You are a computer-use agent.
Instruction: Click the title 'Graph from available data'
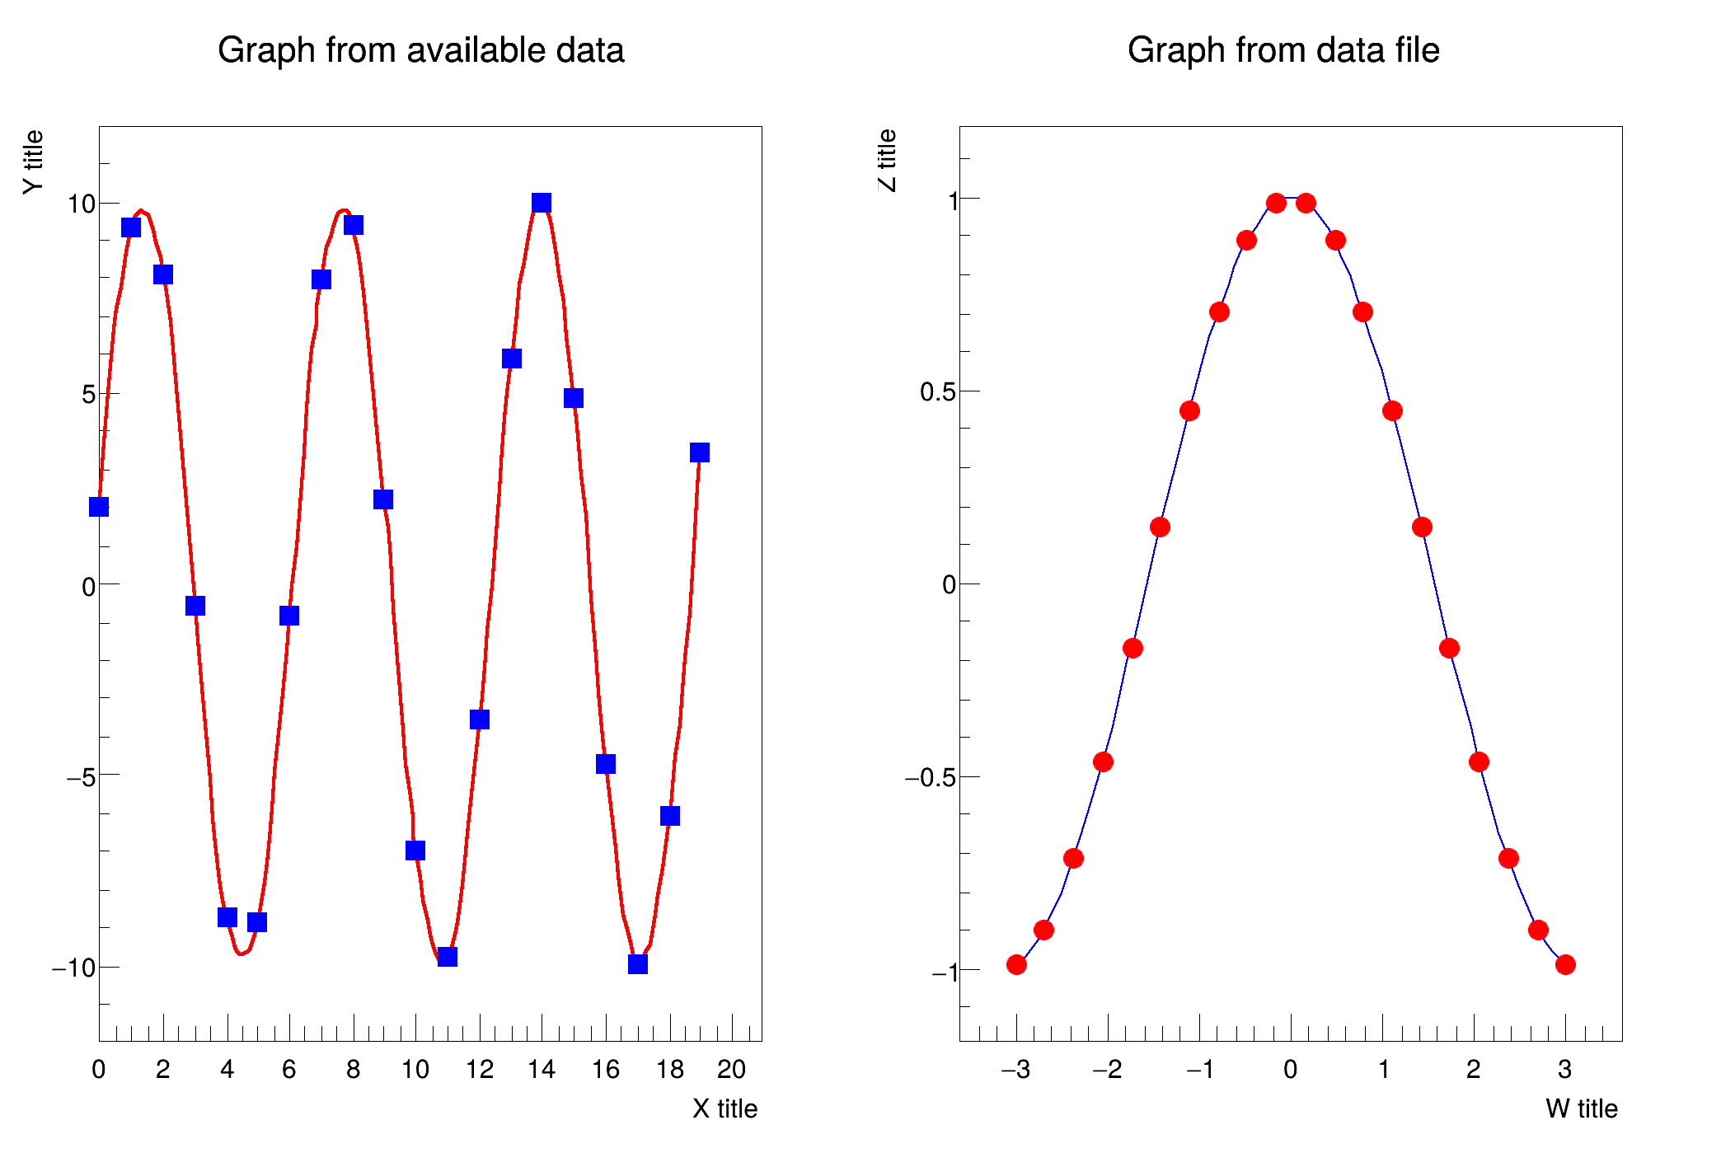[420, 51]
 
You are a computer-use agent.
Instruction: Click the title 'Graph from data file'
[1283, 51]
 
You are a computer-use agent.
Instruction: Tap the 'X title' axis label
[725, 1108]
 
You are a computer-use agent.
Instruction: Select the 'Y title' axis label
[33, 162]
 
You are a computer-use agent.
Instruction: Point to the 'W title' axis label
[1581, 1108]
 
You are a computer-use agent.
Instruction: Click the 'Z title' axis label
[887, 160]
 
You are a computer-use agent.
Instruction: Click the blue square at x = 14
[542, 203]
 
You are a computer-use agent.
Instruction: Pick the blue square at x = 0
[99, 507]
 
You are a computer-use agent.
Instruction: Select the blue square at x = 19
[700, 452]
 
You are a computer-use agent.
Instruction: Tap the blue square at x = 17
[638, 964]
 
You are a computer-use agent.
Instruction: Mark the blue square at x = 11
[448, 957]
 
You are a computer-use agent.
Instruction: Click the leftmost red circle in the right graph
[1016, 964]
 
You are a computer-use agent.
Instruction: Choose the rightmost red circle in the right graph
[1565, 964]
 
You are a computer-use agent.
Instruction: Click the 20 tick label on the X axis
[732, 1070]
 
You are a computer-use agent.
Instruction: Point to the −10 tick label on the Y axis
[73, 968]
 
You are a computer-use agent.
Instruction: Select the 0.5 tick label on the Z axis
[938, 392]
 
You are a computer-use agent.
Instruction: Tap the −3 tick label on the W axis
[1015, 1070]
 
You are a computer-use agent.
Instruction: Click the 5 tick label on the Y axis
[88, 395]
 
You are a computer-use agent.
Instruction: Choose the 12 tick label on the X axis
[480, 1070]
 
